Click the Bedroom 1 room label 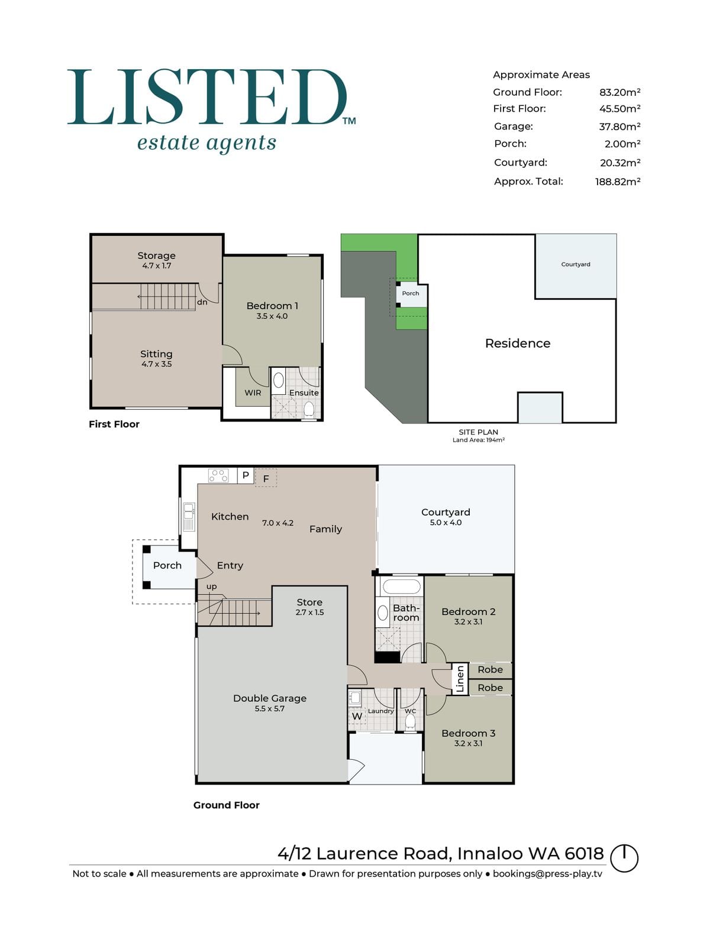[x=272, y=306]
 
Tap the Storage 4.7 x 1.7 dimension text [x=157, y=266]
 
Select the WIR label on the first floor [x=253, y=393]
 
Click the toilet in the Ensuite [x=309, y=409]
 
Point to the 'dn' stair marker [x=202, y=302]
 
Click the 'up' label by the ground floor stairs [x=212, y=587]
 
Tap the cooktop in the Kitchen [x=218, y=475]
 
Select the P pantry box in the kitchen [x=246, y=475]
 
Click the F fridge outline [x=266, y=478]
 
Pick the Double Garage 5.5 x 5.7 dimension [x=270, y=708]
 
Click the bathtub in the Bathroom [x=402, y=587]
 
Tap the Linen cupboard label [x=460, y=678]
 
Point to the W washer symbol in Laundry [x=357, y=717]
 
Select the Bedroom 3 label [x=468, y=733]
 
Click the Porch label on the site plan [x=411, y=293]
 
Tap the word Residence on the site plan [x=518, y=344]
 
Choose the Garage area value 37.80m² [x=619, y=127]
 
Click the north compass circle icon [x=624, y=858]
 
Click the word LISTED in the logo [x=207, y=97]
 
